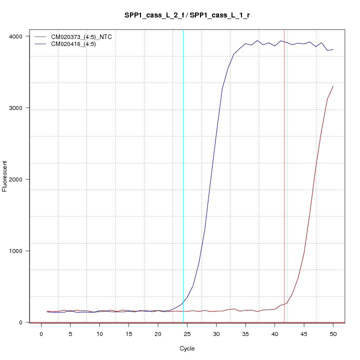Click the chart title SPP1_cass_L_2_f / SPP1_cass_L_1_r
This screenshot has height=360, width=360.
pos(187,15)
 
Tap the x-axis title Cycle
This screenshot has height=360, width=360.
pos(186,348)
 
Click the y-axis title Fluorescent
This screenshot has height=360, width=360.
pos(5,176)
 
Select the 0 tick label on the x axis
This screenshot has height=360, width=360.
pos(41,333)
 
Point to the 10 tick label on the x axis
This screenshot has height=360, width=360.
pos(99,333)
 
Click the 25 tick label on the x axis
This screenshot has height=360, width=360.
pos(187,333)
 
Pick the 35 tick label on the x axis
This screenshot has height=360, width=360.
pos(245,333)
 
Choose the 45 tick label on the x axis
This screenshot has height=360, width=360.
pos(304,333)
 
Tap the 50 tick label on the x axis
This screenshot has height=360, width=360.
pos(333,333)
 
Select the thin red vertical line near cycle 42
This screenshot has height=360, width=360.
pos(284,200)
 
